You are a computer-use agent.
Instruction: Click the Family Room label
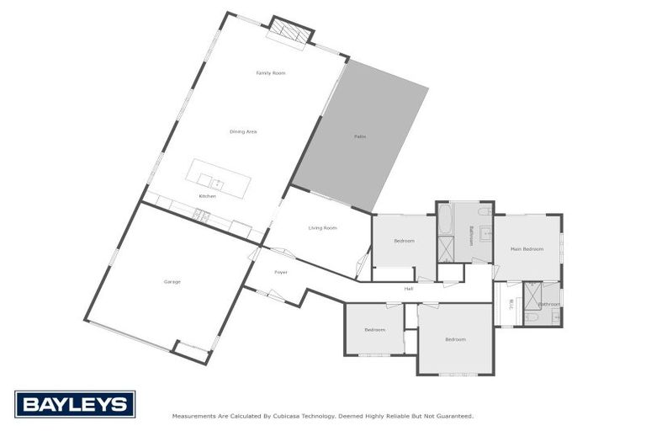[271, 73]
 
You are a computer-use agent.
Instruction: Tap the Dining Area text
[243, 132]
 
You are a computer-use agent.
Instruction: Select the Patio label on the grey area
[359, 136]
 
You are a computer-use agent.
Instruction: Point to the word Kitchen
[207, 196]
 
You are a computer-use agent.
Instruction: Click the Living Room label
[322, 228]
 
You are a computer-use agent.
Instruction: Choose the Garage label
[172, 282]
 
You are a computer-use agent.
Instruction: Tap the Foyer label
[280, 273]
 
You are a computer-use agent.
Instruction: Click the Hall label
[409, 289]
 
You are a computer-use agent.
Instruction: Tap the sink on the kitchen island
[217, 182]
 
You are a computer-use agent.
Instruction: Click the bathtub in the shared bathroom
[445, 221]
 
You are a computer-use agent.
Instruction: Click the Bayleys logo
[74, 404]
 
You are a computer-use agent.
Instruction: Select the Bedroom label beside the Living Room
[404, 242]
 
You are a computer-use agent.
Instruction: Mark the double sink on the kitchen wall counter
[200, 215]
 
